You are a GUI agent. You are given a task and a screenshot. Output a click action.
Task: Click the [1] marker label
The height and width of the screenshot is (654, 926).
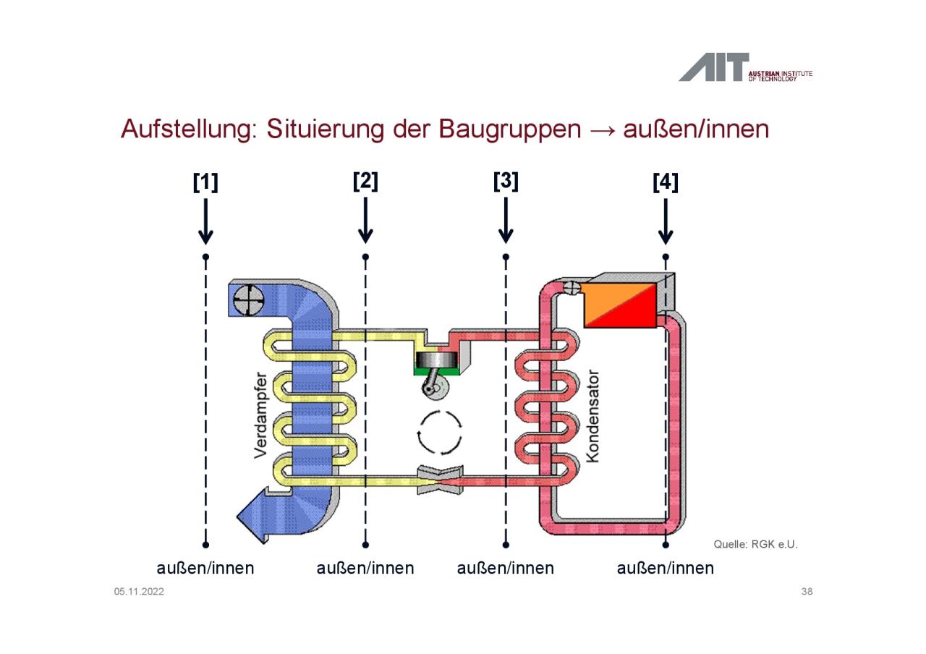pyautogui.click(x=205, y=182)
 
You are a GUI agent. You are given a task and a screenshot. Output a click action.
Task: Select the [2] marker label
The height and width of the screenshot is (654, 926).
pyautogui.click(x=365, y=182)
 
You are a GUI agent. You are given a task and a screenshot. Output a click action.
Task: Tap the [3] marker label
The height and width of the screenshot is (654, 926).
pyautogui.click(x=506, y=182)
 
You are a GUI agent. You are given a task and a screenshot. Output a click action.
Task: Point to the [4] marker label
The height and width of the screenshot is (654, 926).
pyautogui.click(x=666, y=182)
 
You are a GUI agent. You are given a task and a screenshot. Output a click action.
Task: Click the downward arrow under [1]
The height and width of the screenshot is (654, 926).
pyautogui.click(x=205, y=221)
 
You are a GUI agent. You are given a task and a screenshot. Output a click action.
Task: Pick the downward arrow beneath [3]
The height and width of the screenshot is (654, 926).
pyautogui.click(x=506, y=221)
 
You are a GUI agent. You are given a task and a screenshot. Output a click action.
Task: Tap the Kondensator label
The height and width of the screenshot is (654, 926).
pyautogui.click(x=592, y=416)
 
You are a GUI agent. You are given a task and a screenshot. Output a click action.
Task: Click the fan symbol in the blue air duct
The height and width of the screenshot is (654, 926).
pyautogui.click(x=248, y=300)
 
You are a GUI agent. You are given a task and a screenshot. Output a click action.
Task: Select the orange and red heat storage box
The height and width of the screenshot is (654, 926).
pyautogui.click(x=620, y=305)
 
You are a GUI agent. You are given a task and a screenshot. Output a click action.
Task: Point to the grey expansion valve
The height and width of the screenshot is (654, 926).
pyautogui.click(x=440, y=480)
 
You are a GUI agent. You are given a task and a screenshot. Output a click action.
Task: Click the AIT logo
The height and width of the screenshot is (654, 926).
pyautogui.click(x=745, y=67)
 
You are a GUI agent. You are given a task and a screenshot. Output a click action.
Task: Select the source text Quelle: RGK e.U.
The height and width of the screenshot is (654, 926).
pyautogui.click(x=755, y=544)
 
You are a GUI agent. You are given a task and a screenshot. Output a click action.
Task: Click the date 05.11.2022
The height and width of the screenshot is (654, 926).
pyautogui.click(x=139, y=592)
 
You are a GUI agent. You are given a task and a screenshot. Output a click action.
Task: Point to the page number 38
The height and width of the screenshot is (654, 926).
pyautogui.click(x=807, y=592)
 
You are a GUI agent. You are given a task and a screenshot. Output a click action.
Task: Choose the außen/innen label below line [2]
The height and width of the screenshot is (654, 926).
pyautogui.click(x=365, y=568)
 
